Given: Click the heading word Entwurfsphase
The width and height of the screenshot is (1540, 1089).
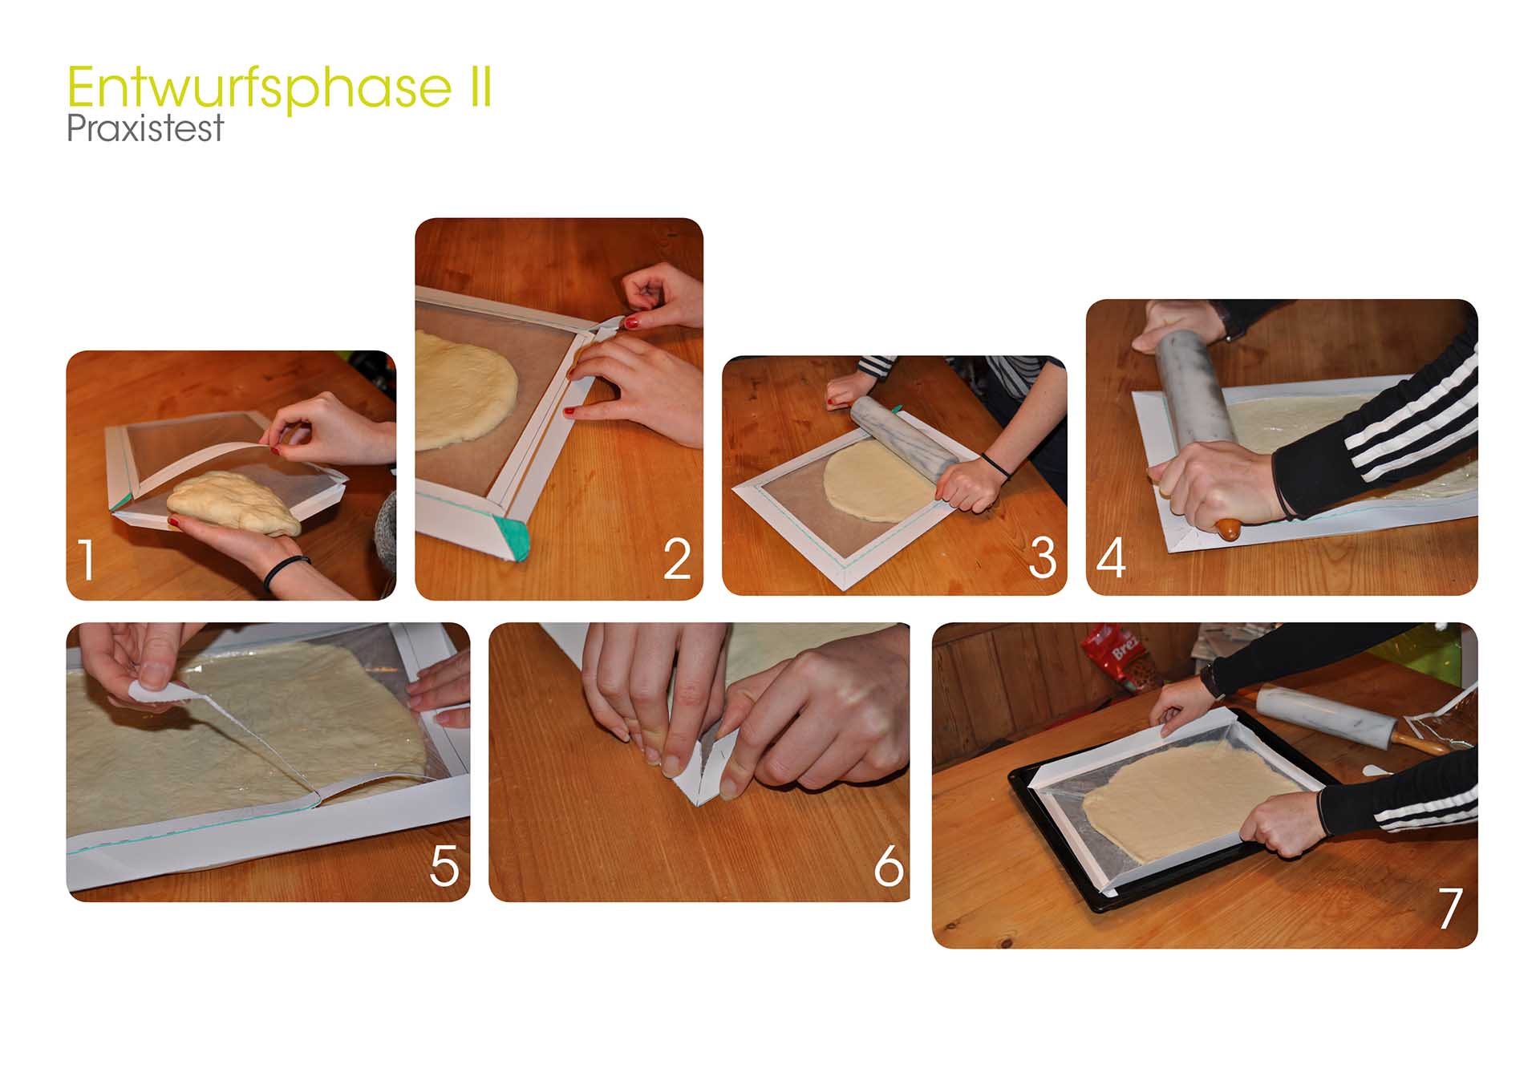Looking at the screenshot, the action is pos(259,88).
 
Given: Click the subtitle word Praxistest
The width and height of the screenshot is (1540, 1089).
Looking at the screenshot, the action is pos(144,128).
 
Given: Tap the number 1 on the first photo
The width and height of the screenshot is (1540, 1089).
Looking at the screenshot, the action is pos(87,560).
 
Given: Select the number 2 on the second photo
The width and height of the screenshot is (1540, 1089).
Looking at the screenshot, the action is pos(677,559).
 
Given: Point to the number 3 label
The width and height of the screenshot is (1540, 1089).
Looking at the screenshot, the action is pos(1042,557).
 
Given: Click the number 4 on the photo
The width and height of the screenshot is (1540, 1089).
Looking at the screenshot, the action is pos(1111,557).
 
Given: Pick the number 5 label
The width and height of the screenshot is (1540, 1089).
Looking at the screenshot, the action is pos(444,865).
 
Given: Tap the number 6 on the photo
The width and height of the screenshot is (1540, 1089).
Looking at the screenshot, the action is pos(889,865).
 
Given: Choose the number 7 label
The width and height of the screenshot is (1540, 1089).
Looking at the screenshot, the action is pos(1450,908).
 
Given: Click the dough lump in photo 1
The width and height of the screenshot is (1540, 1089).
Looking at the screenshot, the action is pos(235,504).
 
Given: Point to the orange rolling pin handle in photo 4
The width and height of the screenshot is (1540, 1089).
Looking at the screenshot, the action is pos(1228,529).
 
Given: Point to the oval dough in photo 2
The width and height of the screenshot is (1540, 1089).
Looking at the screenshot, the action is pos(465,391).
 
